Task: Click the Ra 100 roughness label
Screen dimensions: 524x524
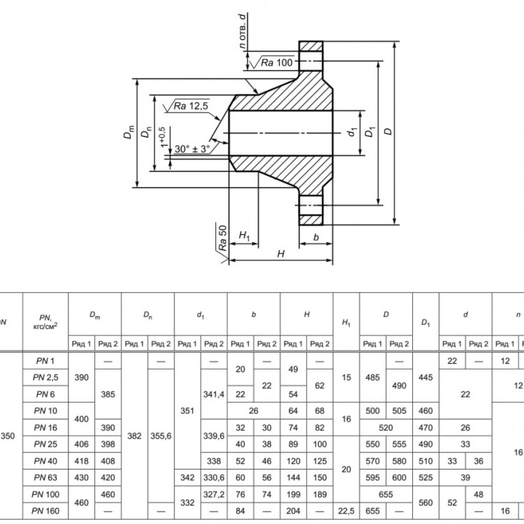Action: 277,62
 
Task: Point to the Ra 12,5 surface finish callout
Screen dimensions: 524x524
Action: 191,106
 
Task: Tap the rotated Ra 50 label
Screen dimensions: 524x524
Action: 223,238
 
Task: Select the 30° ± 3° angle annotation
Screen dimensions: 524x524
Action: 192,149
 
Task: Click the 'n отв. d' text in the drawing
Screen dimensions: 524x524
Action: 243,31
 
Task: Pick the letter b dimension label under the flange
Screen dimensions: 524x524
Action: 316,237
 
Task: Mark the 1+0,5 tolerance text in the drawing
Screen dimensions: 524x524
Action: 163,137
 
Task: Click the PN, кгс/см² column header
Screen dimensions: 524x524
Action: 45,321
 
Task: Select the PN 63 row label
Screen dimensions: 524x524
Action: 45,478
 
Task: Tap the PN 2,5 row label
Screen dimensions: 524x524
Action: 45,377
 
